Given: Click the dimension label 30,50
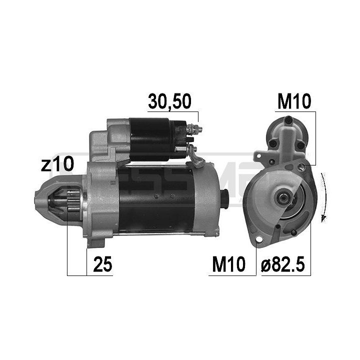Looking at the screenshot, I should pyautogui.click(x=169, y=101).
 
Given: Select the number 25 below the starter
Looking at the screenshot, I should pyautogui.click(x=102, y=265).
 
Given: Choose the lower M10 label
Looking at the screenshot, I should pyautogui.click(x=228, y=265).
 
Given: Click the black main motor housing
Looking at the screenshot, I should pyautogui.click(x=155, y=200).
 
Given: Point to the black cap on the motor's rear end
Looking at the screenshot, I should pyautogui.click(x=224, y=199).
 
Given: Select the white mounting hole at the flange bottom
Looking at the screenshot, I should pyautogui.click(x=259, y=240).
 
